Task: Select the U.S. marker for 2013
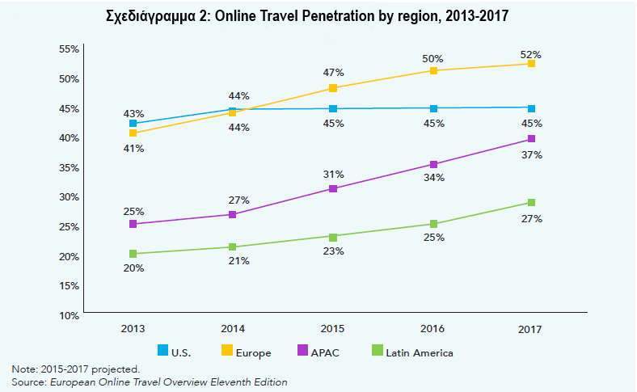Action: click(x=133, y=124)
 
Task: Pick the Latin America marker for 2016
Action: click(x=433, y=224)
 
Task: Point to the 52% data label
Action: click(x=531, y=55)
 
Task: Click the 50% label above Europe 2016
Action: click(x=433, y=59)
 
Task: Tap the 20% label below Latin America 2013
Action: click(x=133, y=268)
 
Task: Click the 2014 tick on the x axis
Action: click(x=233, y=329)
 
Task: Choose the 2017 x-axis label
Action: click(x=530, y=329)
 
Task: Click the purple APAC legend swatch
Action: click(x=303, y=351)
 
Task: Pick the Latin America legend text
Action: click(x=419, y=352)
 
